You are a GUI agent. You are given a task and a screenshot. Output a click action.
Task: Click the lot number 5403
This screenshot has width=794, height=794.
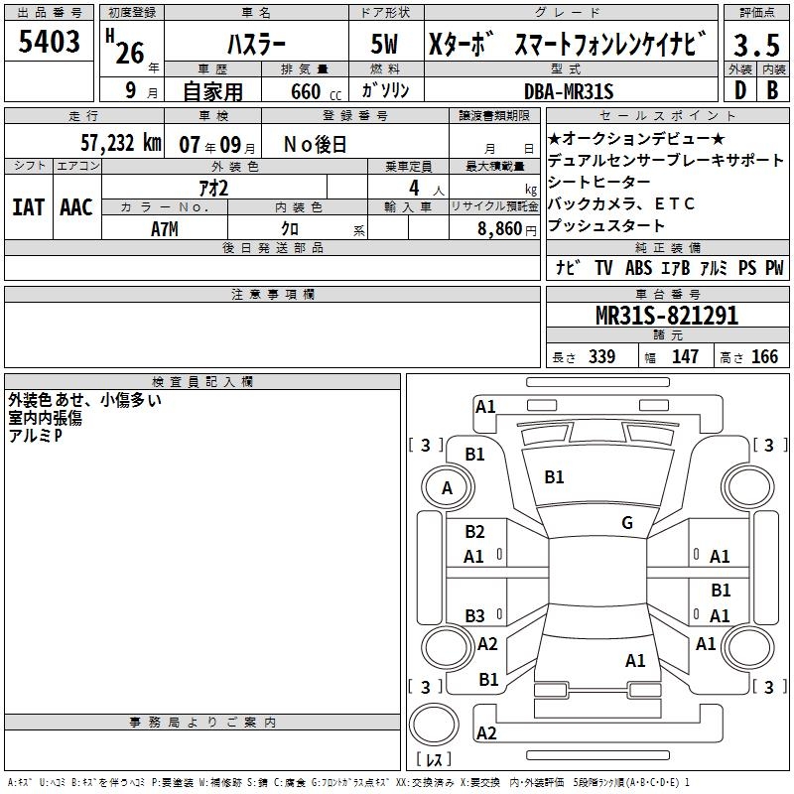pos(50,43)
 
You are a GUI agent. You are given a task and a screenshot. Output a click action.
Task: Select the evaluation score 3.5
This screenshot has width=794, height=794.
pos(755,46)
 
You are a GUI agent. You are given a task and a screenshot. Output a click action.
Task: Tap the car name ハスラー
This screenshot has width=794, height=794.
pos(255,45)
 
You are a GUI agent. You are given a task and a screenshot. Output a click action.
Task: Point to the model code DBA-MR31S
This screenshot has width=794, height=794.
pos(570,91)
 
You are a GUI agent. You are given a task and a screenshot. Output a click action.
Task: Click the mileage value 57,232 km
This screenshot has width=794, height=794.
pos(120,143)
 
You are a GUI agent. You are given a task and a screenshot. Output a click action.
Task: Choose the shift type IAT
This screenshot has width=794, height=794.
pos(28,206)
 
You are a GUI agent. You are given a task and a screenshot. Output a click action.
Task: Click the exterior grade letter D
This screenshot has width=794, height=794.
pos(739,91)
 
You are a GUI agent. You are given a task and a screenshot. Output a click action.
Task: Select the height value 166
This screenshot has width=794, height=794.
pos(765,357)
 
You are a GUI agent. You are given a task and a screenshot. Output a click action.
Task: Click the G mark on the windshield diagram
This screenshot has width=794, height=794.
pos(626,522)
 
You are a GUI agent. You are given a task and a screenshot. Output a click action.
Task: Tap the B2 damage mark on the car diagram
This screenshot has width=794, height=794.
pos(475,532)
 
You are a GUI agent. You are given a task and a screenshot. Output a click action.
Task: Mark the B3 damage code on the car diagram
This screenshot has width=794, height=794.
pos(475,615)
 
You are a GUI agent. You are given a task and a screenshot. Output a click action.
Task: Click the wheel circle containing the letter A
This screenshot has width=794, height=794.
pos(447,487)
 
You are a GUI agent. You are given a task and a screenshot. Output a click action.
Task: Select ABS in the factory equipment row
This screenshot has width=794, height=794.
pos(638,268)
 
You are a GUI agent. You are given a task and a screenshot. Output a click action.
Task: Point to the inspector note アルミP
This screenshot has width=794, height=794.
pos(35,435)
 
